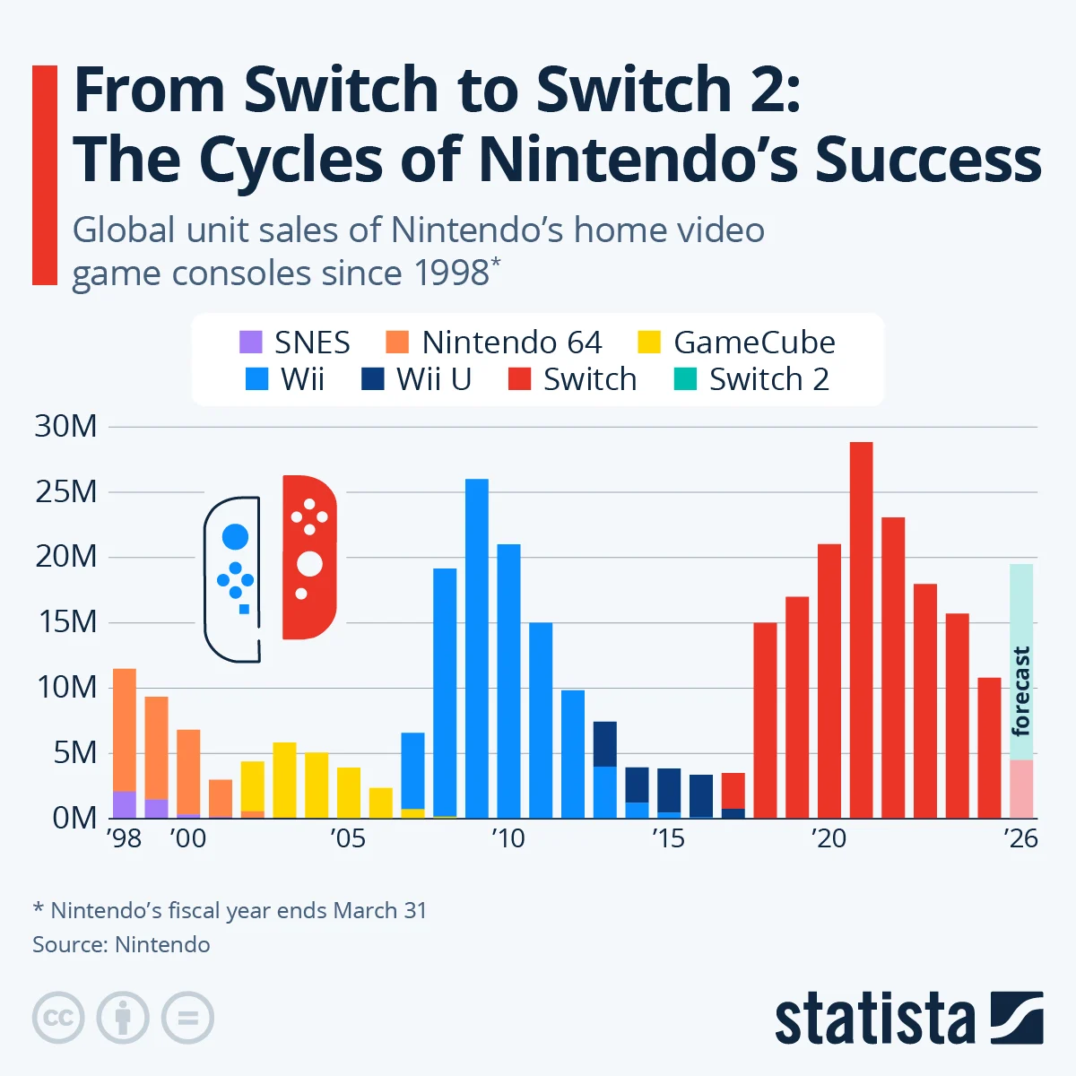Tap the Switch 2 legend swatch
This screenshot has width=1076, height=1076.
(x=685, y=379)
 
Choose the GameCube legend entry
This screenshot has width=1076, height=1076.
(x=736, y=343)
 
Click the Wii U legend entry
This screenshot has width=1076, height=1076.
(x=416, y=379)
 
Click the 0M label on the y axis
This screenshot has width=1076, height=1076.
(x=74, y=818)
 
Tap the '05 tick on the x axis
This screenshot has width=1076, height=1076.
(x=348, y=838)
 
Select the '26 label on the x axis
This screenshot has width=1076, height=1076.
(x=1020, y=838)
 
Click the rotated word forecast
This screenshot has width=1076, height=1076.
(x=1020, y=690)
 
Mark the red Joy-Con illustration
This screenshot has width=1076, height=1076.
(x=308, y=557)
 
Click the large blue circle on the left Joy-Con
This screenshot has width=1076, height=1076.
(x=235, y=537)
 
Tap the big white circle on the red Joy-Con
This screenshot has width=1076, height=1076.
(x=309, y=564)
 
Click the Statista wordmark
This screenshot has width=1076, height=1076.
(x=874, y=1019)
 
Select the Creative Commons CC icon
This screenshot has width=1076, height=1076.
(x=58, y=1018)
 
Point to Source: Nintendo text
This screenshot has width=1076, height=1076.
(x=121, y=944)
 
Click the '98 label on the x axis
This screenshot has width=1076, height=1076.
(x=124, y=838)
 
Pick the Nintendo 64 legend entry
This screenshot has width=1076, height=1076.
(x=494, y=343)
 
